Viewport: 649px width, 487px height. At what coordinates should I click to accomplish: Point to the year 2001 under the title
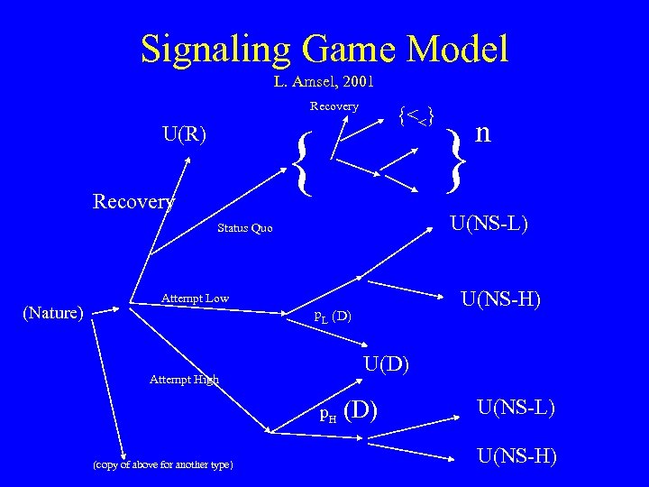[x=355, y=82]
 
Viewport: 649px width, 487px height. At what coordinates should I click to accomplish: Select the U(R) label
[x=184, y=135]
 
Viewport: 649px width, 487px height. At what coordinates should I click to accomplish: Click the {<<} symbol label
[x=416, y=115]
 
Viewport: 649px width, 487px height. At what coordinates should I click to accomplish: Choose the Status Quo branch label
[x=244, y=228]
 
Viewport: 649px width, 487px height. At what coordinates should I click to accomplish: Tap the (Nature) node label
[x=53, y=313]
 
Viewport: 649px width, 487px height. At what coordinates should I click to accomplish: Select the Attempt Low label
[x=195, y=298]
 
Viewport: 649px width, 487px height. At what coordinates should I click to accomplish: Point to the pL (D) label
[x=332, y=317]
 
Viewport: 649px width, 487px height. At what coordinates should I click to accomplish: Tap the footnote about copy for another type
[x=162, y=464]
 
